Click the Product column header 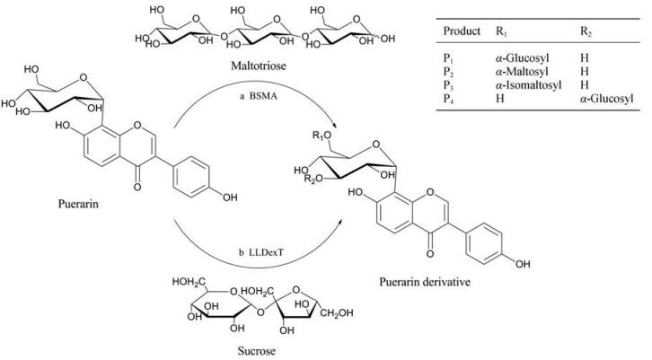[x=462, y=31]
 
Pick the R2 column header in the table [x=586, y=31]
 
